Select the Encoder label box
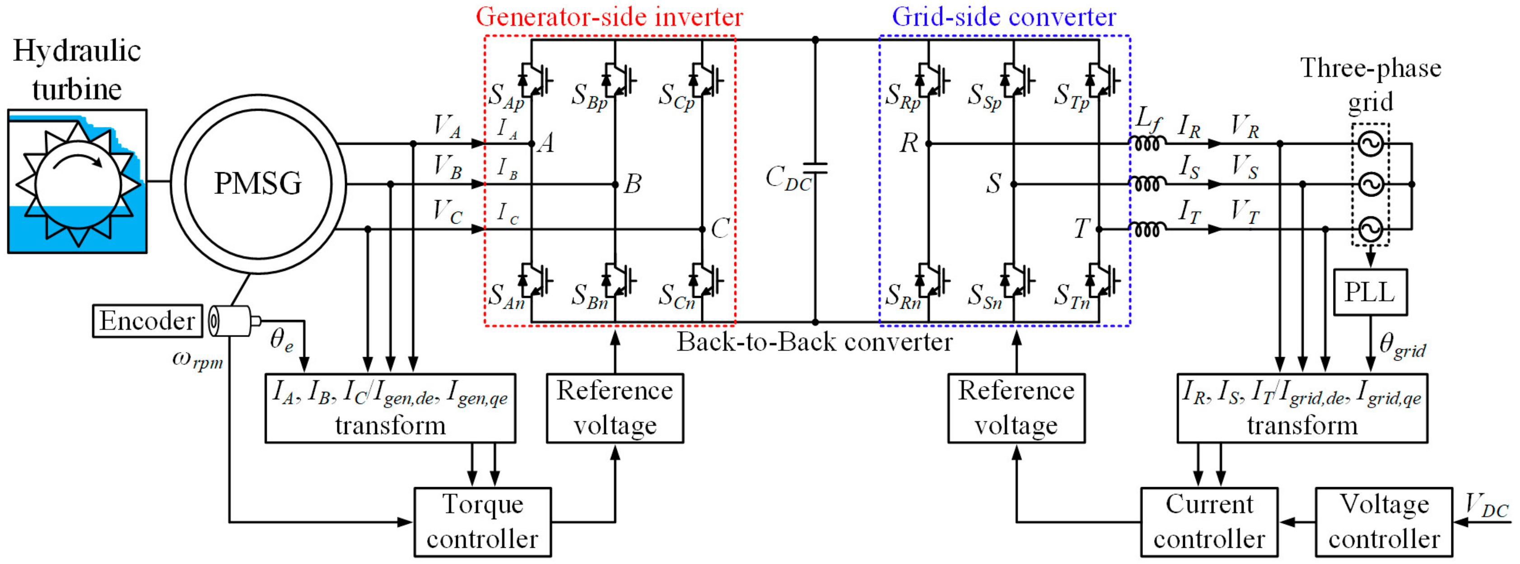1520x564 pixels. click(x=147, y=321)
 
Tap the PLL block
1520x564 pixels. click(x=1370, y=292)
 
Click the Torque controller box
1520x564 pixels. click(x=483, y=522)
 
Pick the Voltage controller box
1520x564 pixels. click(x=1384, y=522)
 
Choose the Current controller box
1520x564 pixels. click(x=1209, y=522)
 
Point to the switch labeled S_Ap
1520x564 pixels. click(x=535, y=79)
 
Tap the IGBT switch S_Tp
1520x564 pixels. click(x=1103, y=79)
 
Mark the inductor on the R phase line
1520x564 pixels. click(x=1147, y=144)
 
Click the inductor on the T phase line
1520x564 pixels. click(x=1147, y=229)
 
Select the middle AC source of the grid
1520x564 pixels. click(x=1371, y=184)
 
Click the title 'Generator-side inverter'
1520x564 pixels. click(x=609, y=17)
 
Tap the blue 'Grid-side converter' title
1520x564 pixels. click(x=1004, y=17)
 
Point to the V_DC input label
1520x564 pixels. click(x=1487, y=506)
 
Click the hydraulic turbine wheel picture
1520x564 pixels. click(x=77, y=181)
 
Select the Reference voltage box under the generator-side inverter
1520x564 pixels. click(x=615, y=408)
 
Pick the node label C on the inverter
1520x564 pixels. click(x=720, y=229)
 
